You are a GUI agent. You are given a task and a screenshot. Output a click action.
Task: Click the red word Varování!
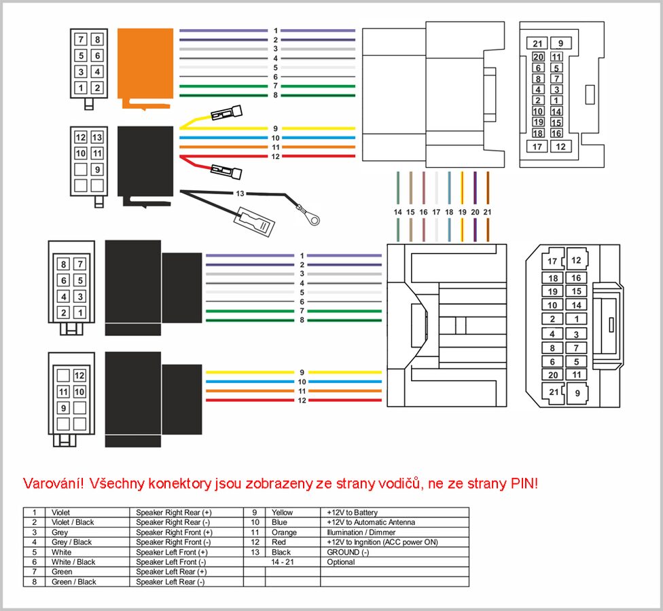coord(54,484)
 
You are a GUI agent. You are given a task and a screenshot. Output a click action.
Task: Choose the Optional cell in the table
coord(341,562)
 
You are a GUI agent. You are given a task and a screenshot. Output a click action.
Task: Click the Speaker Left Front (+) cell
coord(173,553)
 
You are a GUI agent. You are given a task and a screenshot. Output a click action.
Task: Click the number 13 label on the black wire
coord(240,193)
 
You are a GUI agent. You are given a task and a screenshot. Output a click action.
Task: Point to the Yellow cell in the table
coord(282,513)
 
